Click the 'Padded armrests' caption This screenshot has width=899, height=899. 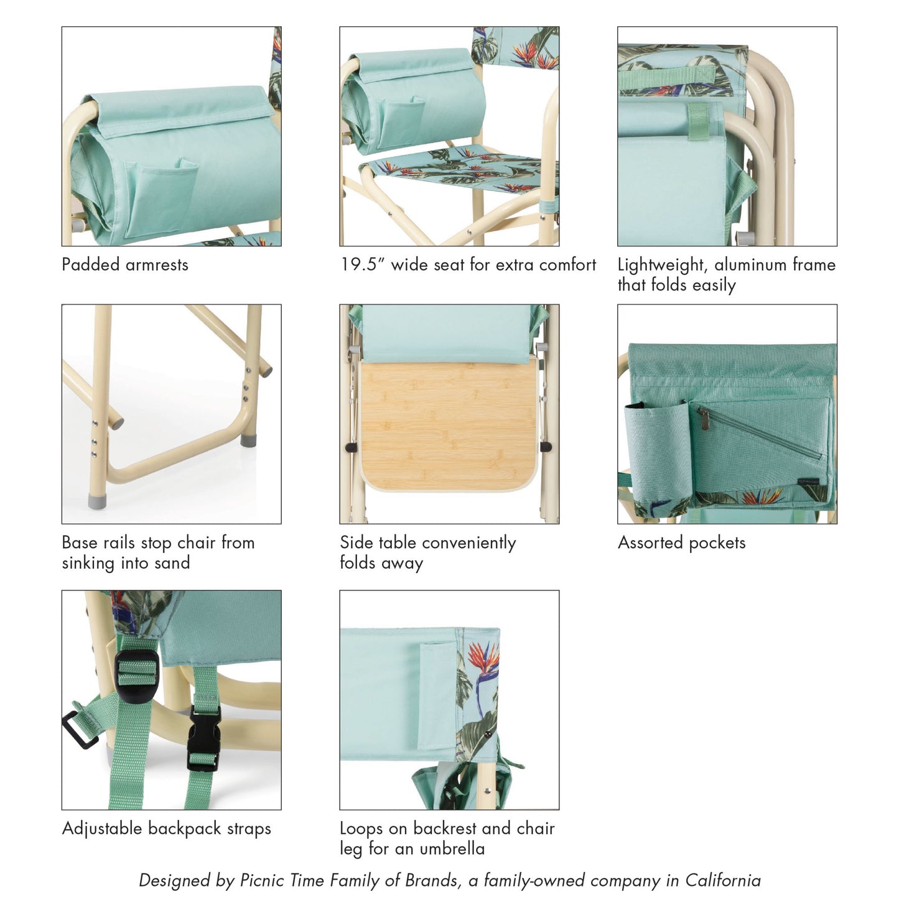click(x=124, y=265)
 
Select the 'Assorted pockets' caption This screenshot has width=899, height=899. click(x=681, y=543)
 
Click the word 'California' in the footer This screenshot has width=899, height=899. click(x=722, y=880)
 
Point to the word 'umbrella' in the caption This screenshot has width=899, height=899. click(x=452, y=849)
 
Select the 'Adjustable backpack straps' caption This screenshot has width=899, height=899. click(x=167, y=829)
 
